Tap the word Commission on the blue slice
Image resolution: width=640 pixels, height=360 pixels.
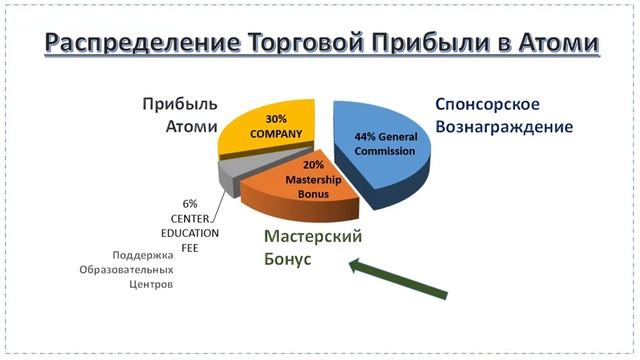tap(383, 151)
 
